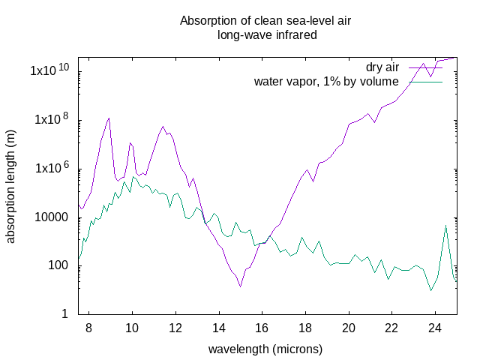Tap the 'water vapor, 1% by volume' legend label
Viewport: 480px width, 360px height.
[326, 82]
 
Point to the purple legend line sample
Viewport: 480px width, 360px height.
[425, 68]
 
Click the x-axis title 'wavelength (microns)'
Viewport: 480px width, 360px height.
[265, 349]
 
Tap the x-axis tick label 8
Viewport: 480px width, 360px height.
[88, 328]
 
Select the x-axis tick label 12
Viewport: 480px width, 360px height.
[175, 328]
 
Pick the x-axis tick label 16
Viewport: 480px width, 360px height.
[262, 328]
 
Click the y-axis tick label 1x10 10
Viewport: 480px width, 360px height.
[49, 70]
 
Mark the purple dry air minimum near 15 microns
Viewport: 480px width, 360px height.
[240, 286]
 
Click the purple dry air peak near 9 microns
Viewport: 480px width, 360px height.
[109, 118]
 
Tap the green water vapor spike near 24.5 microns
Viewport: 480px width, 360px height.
[446, 225]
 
